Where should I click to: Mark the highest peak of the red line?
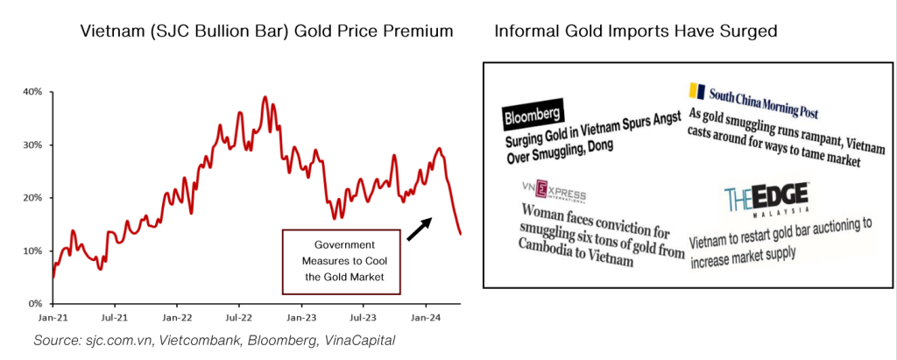[x=265, y=97]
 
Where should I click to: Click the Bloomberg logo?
[x=533, y=116]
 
